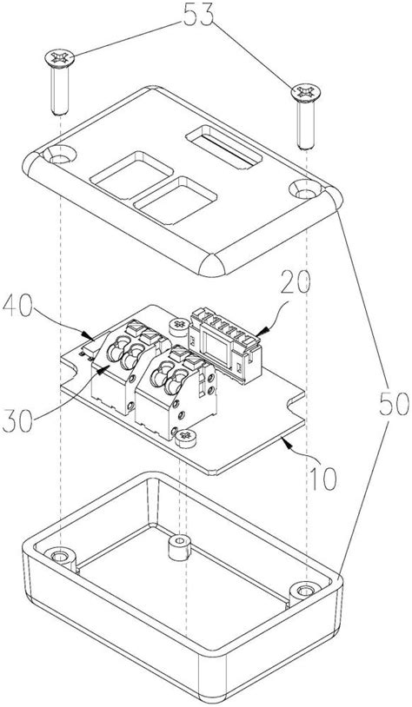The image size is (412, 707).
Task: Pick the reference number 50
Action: click(x=393, y=404)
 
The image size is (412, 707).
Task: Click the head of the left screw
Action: click(x=60, y=57)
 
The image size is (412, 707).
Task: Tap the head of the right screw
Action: click(x=306, y=92)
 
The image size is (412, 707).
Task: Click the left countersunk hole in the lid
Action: click(x=60, y=155)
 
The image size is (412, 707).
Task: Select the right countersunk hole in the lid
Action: click(x=305, y=190)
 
